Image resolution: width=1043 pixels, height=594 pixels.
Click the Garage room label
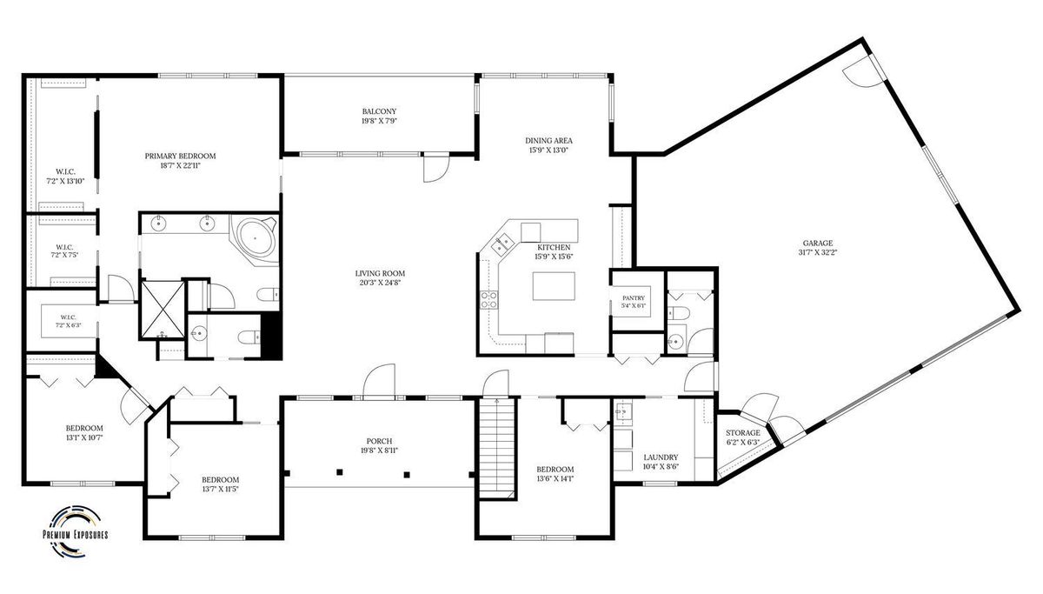point(818,244)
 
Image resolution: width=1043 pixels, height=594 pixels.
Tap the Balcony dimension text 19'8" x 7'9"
point(379,121)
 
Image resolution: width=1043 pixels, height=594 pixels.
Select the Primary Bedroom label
point(180,156)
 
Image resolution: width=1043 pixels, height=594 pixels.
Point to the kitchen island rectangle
point(554,286)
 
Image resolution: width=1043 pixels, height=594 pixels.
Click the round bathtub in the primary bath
point(255,238)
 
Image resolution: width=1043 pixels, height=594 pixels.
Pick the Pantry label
point(634,298)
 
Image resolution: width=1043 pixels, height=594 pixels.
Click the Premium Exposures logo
point(76,531)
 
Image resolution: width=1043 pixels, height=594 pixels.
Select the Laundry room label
point(661,457)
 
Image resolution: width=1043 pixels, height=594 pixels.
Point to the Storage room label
point(742,433)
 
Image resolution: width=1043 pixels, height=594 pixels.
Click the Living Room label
point(380,273)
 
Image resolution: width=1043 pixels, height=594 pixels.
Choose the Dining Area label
point(548,141)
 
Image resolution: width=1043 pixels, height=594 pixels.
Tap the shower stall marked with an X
point(163,310)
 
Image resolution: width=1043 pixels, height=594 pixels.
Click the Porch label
point(379,441)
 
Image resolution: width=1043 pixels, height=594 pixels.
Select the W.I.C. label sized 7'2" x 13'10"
point(65,172)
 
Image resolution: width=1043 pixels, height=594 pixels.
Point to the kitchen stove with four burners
point(488,299)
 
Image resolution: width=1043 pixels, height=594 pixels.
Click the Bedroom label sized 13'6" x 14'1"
point(555,469)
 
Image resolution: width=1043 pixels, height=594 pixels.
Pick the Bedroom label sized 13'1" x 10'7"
point(84,428)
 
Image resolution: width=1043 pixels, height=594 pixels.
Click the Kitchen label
point(554,247)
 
